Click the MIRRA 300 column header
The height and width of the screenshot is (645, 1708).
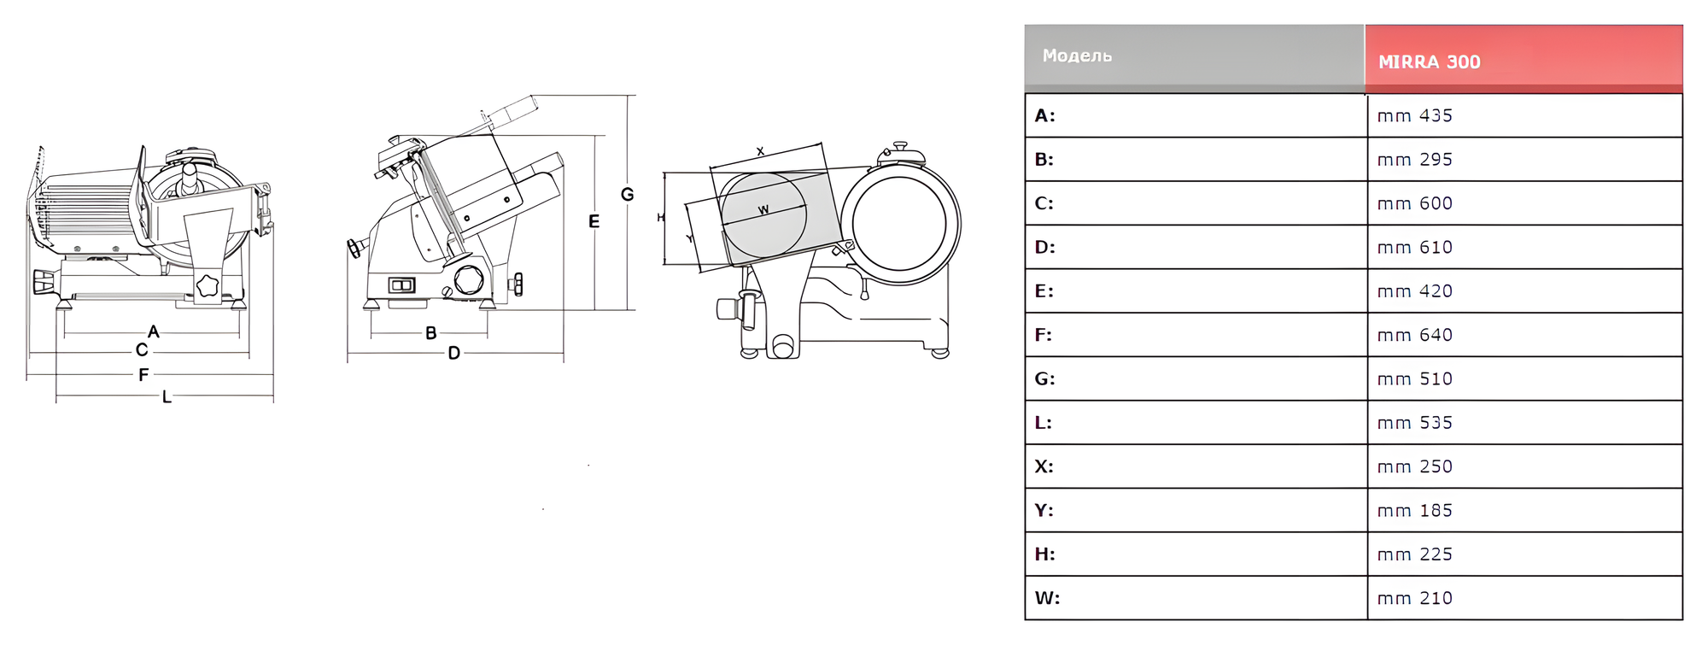(x=1429, y=62)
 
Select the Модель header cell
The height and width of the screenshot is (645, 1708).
(x=1077, y=56)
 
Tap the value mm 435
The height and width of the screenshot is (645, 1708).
(x=1414, y=115)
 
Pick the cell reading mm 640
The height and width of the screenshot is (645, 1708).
(x=1414, y=335)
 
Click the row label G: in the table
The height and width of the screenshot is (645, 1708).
(x=1044, y=378)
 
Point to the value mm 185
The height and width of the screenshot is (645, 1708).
(x=1414, y=510)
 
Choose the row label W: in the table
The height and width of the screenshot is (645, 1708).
(x=1047, y=598)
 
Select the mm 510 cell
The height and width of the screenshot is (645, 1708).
(x=1414, y=378)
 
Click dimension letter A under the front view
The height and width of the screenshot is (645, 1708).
(x=154, y=331)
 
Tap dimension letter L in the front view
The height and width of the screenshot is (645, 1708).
(x=167, y=397)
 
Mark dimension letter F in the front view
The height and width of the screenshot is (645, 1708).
(x=143, y=374)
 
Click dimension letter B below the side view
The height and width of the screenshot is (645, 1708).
(x=431, y=333)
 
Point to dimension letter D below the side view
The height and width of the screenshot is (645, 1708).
(x=453, y=353)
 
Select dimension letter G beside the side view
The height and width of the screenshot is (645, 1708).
(x=628, y=195)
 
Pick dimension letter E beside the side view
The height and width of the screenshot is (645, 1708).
(x=594, y=221)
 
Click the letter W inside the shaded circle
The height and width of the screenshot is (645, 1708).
(x=763, y=209)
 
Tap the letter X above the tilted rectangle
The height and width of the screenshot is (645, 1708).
(x=760, y=151)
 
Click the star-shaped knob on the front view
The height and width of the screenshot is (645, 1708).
(x=208, y=285)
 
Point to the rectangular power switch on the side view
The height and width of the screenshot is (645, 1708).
(x=402, y=284)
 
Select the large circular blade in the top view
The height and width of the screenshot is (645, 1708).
(x=899, y=223)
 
